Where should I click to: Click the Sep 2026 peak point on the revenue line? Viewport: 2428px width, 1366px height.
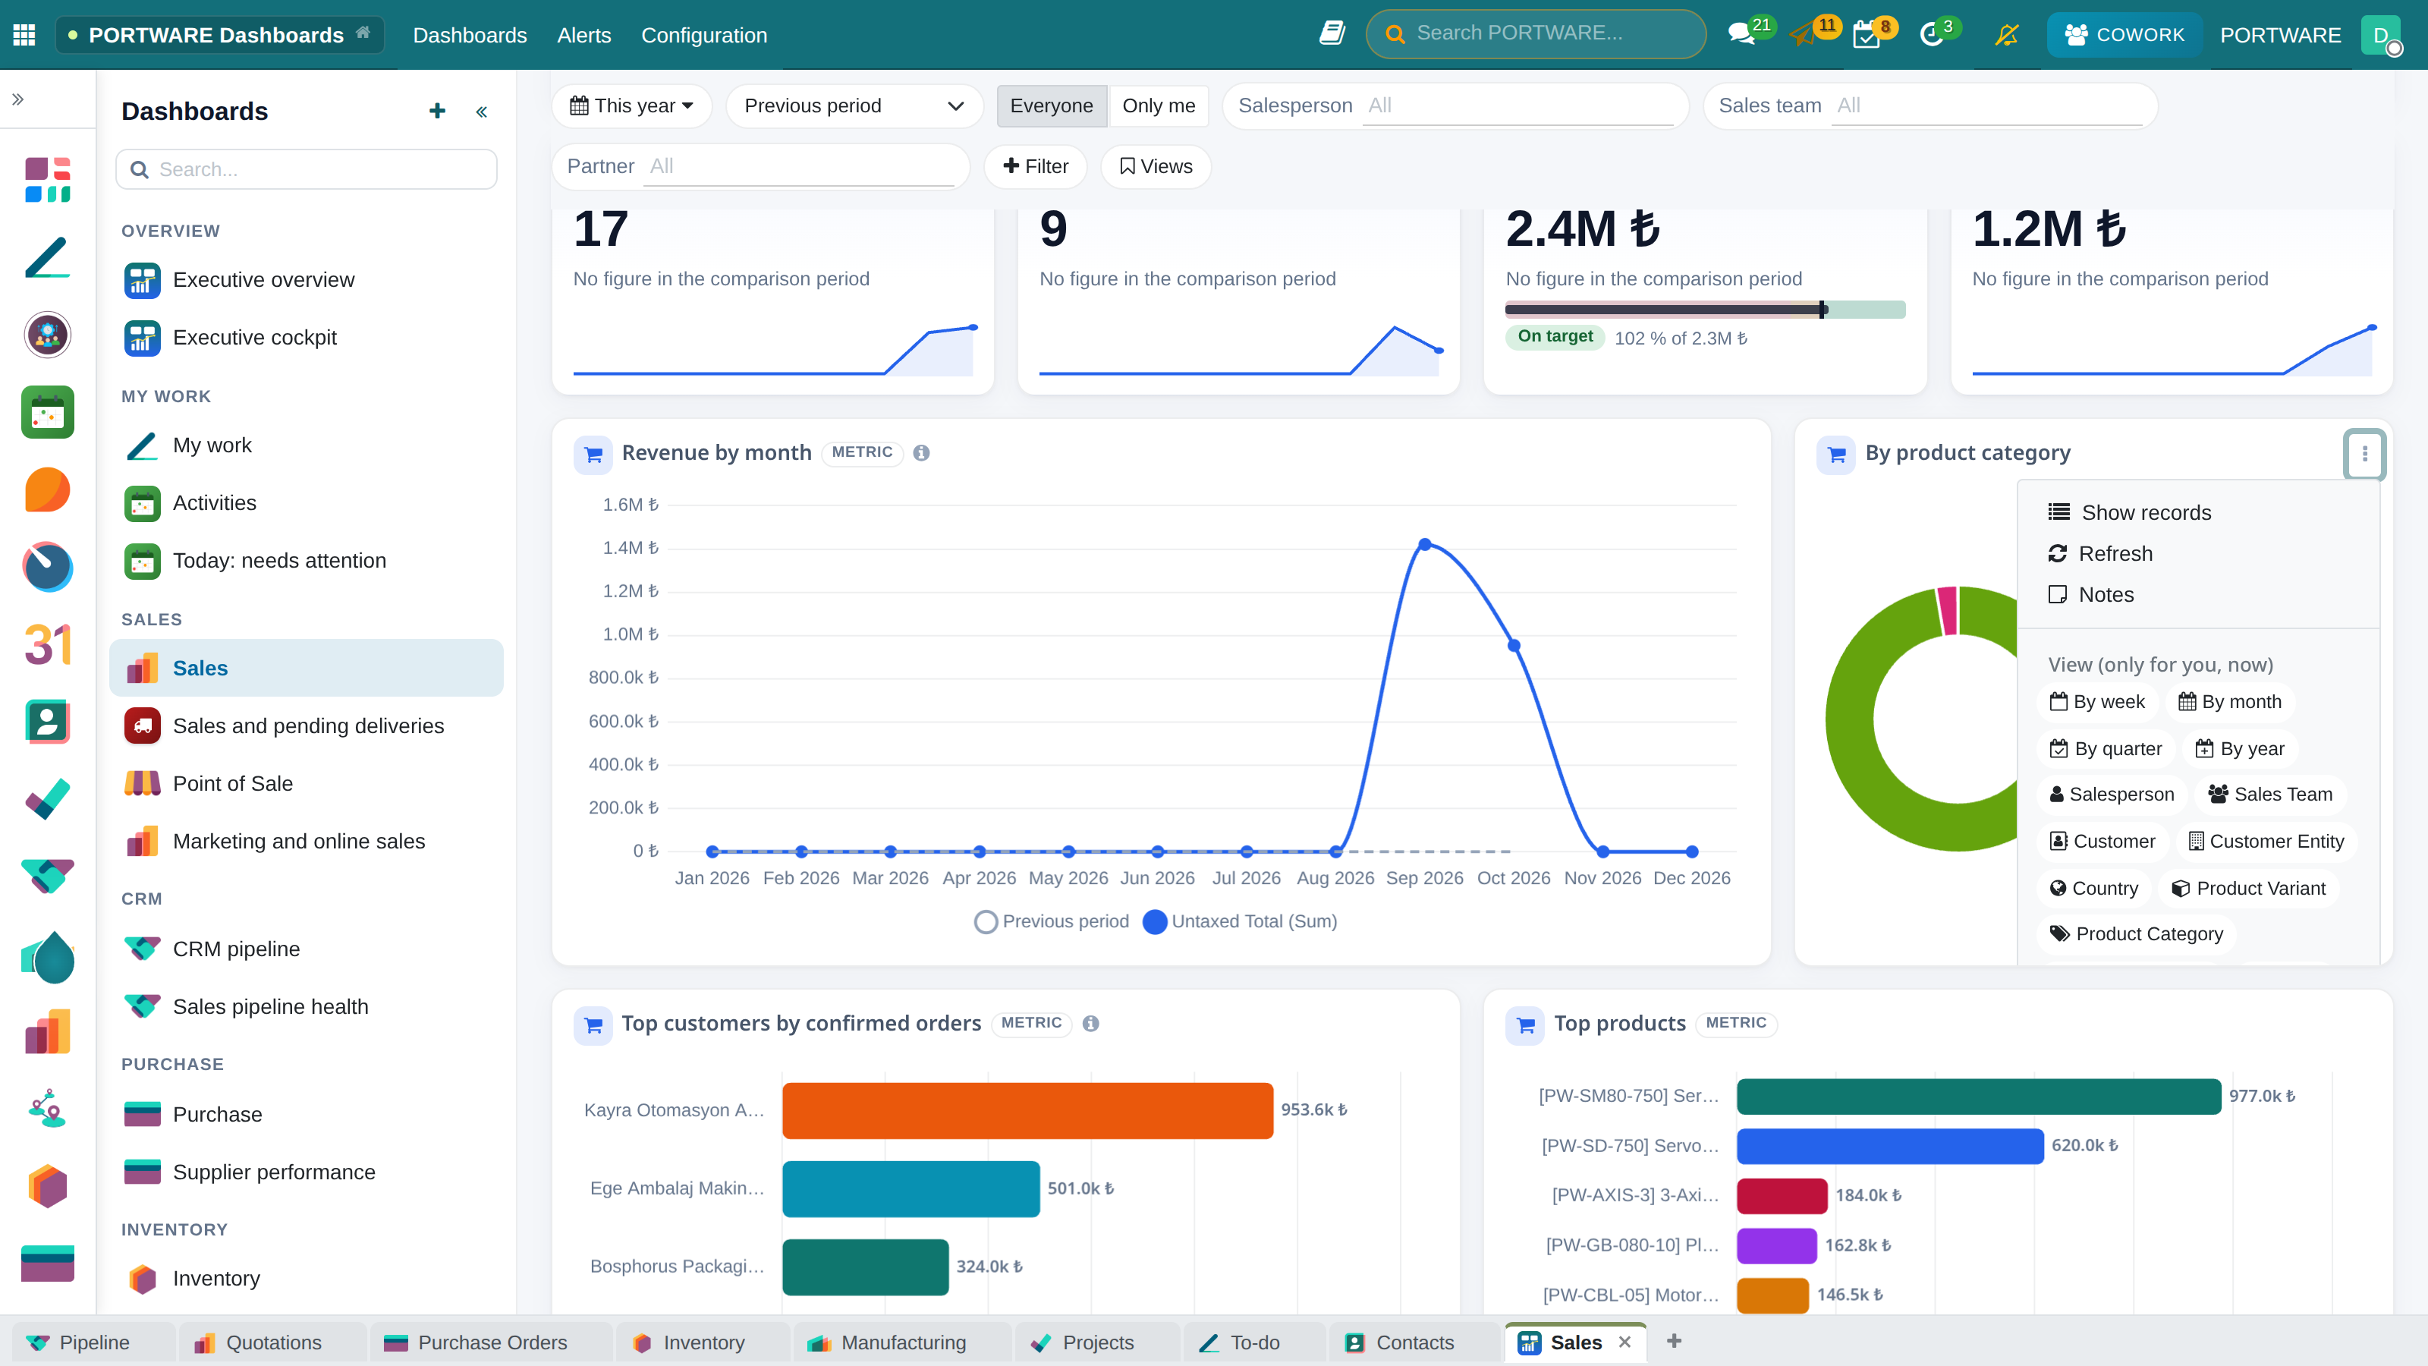[1424, 544]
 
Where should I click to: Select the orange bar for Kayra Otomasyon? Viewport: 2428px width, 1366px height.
[1027, 1109]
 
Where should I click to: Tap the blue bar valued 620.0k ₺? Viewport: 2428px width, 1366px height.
[1890, 1145]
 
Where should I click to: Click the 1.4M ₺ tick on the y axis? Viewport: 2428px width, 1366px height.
[631, 548]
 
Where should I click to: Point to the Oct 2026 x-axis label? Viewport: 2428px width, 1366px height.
[1513, 878]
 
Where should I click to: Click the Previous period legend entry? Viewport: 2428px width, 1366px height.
[1052, 921]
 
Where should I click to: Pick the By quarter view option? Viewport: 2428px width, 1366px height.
[2106, 748]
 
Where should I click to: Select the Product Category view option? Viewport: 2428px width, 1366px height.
[2136, 933]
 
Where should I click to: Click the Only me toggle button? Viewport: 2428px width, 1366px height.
[1159, 105]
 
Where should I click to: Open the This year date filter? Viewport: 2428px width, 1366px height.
[631, 105]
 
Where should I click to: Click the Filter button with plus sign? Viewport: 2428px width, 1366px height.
[1035, 166]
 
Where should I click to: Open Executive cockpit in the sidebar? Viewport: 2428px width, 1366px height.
[254, 338]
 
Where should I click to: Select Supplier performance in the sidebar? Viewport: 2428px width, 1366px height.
[273, 1172]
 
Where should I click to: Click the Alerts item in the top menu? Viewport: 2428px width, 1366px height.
[583, 35]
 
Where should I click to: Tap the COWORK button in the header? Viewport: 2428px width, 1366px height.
[2124, 35]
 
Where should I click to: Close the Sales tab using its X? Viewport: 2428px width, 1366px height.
[1624, 1342]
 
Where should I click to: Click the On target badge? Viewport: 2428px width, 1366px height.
[1555, 336]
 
